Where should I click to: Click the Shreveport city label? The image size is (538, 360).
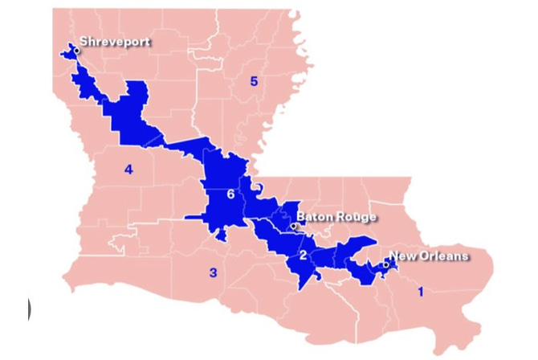tap(115, 42)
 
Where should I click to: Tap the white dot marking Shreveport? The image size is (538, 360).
tap(76, 51)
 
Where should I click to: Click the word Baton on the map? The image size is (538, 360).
tap(314, 217)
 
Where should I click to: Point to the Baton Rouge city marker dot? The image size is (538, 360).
tap(294, 227)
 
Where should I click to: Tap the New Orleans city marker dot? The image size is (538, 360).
tap(385, 264)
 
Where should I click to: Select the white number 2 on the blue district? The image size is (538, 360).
tap(303, 256)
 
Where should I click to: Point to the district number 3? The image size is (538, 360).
tap(213, 272)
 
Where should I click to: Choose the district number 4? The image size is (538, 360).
tap(128, 169)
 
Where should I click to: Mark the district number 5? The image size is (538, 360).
tap(254, 81)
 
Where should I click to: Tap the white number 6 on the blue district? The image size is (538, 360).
tap(230, 194)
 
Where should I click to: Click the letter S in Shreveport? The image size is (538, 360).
tap(84, 42)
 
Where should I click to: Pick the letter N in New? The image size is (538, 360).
tap(393, 256)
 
